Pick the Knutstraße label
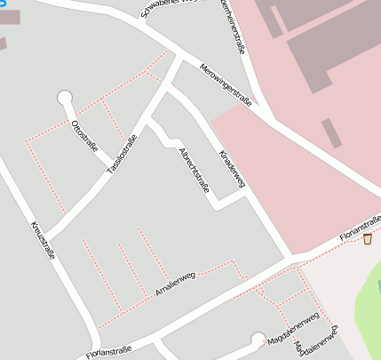(x=44, y=239)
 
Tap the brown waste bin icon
(x=368, y=238)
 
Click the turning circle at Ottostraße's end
(x=64, y=97)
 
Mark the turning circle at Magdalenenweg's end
(x=258, y=339)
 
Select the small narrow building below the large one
(x=331, y=132)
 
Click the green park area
(x=368, y=307)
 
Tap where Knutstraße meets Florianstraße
(x=96, y=348)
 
